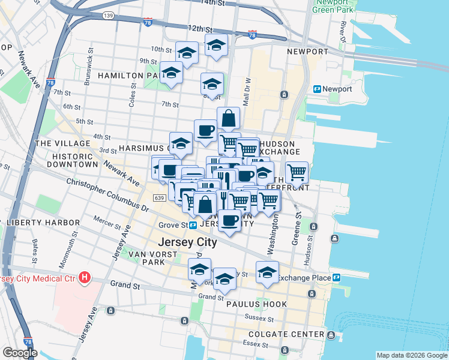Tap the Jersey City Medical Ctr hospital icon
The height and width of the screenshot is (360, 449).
[85, 278]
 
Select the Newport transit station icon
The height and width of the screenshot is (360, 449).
[318, 89]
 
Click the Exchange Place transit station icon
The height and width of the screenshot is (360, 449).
[336, 278]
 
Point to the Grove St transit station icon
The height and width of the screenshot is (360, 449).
[193, 226]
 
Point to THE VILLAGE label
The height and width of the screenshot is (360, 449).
[62, 143]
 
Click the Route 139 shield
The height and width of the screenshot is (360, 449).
[108, 16]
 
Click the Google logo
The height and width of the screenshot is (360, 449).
[20, 353]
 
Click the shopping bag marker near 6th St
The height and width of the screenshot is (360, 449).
[229, 118]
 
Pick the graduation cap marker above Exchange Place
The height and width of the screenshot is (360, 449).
[267, 272]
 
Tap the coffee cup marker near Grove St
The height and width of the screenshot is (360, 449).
[229, 221]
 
